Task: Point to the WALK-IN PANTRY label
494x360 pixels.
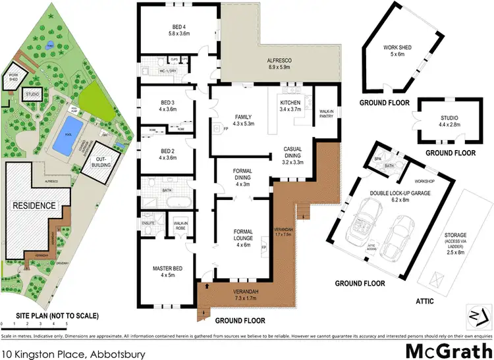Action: (325, 113)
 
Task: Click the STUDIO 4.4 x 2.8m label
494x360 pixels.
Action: (446, 121)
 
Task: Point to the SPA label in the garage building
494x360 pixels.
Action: (377, 159)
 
